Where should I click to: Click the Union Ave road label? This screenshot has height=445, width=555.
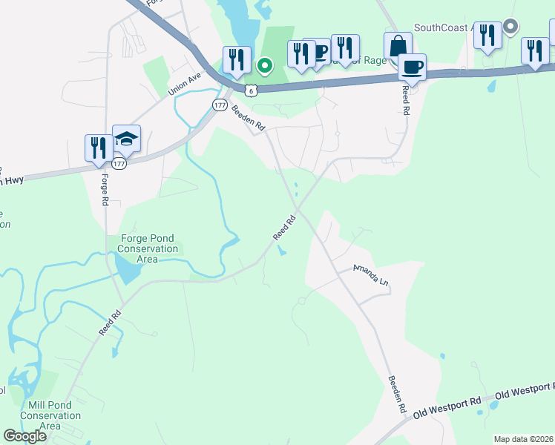point(185,82)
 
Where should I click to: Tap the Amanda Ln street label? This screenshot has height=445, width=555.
point(370,276)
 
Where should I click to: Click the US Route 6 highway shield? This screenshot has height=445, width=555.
point(252,90)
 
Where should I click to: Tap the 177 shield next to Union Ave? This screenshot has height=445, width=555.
point(219,105)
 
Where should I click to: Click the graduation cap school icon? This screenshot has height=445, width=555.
point(126,139)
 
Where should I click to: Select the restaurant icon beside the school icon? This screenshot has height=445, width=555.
point(99,147)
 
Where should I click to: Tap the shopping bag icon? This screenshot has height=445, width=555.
point(398,45)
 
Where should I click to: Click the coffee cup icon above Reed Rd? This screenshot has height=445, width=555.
point(412,67)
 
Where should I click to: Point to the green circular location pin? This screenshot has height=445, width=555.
point(264,67)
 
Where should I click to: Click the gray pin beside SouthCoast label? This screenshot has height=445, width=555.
point(510,27)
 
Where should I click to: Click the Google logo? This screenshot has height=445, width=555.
point(25,436)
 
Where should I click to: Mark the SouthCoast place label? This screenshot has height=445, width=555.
point(443,28)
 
